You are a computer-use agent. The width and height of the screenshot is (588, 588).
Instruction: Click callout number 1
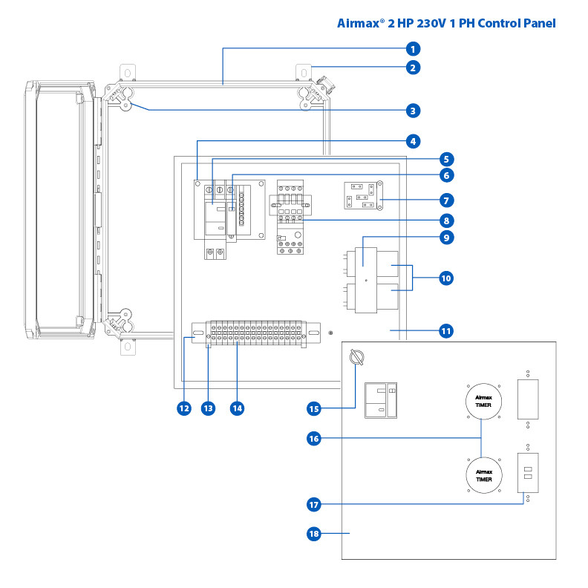tap(413, 49)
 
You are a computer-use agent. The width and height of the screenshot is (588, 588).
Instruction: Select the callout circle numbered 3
tap(413, 111)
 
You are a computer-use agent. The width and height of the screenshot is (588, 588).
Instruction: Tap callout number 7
tap(445, 200)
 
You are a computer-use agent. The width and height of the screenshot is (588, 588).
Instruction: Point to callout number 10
tap(445, 278)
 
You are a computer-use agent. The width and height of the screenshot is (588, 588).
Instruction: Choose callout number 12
tap(183, 408)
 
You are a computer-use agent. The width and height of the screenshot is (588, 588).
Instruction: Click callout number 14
tap(236, 408)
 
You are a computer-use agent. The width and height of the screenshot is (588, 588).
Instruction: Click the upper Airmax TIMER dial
tap(483, 403)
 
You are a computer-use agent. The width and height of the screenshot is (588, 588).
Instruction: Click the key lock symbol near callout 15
tap(355, 359)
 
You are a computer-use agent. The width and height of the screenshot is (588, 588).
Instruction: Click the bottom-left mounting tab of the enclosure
tap(127, 347)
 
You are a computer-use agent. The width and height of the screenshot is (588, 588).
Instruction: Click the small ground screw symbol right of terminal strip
tap(330, 333)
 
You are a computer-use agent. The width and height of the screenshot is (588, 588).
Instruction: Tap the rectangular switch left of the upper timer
tap(382, 401)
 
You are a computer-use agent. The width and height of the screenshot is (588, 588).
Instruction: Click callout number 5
tap(445, 159)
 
